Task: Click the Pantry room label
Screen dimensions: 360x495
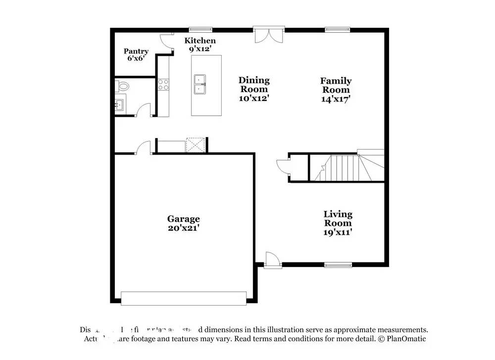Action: click(136, 54)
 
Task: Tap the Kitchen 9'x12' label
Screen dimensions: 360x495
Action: click(200, 45)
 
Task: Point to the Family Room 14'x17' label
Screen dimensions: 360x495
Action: click(336, 89)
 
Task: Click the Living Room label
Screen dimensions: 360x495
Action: click(338, 223)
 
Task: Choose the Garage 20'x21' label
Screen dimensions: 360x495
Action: click(183, 223)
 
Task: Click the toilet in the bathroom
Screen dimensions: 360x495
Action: click(122, 87)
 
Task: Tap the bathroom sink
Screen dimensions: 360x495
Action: click(119, 105)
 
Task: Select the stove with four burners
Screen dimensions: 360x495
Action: click(163, 84)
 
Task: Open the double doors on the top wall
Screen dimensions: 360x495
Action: click(268, 35)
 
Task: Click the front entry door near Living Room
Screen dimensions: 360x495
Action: click(273, 259)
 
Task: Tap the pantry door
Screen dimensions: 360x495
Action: click(167, 42)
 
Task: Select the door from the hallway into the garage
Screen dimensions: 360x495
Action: click(143, 147)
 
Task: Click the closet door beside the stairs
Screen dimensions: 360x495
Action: click(282, 167)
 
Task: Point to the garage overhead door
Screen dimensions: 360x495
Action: click(183, 298)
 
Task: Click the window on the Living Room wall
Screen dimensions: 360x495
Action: click(338, 265)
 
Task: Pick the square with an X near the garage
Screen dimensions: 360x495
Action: click(195, 145)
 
